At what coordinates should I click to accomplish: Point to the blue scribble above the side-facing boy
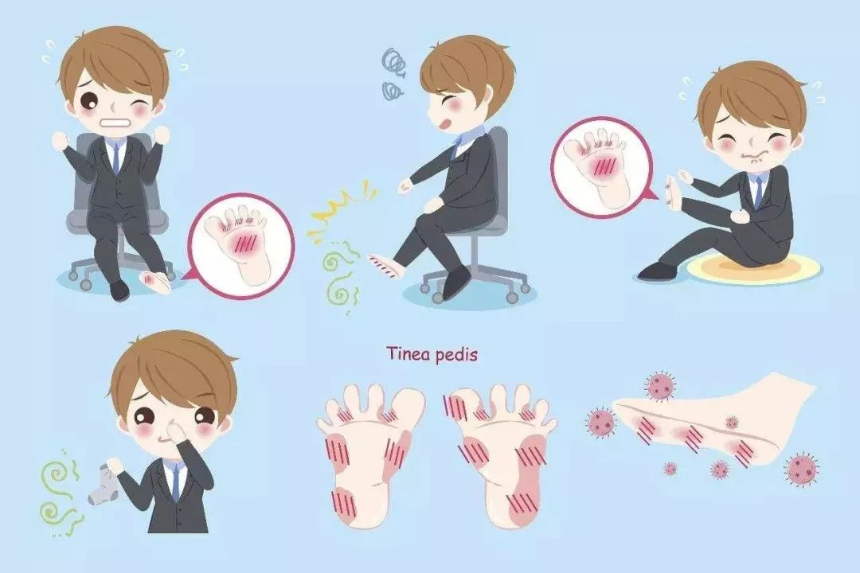[395, 73]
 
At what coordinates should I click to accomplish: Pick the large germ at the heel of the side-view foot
[803, 467]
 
